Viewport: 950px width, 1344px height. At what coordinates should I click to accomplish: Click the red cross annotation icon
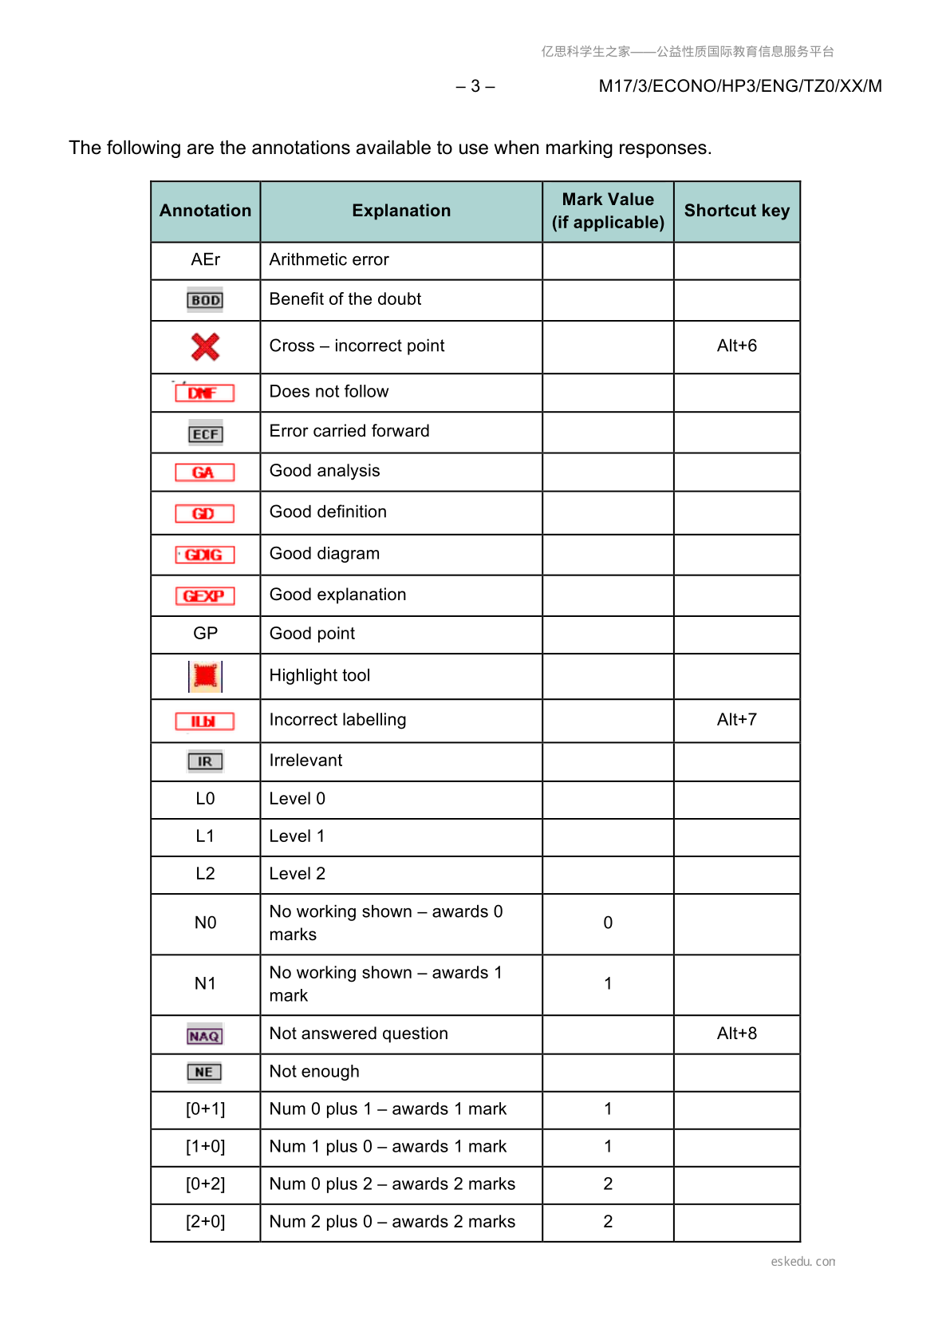pyautogui.click(x=205, y=346)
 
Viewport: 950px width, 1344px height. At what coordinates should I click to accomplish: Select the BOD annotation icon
pyautogui.click(x=205, y=300)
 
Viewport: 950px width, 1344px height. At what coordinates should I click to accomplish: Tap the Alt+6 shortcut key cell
pyautogui.click(x=736, y=346)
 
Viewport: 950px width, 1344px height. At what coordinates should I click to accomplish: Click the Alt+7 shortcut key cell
pyautogui.click(x=736, y=719)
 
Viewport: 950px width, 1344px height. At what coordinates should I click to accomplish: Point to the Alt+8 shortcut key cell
pyautogui.click(x=736, y=1033)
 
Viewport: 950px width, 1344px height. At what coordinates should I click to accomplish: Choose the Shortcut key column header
pyautogui.click(x=736, y=211)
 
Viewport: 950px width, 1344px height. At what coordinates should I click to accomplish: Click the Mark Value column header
pyautogui.click(x=608, y=211)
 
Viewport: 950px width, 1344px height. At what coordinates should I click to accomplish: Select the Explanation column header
pyautogui.click(x=401, y=211)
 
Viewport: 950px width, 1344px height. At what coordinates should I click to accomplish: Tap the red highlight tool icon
pyautogui.click(x=205, y=676)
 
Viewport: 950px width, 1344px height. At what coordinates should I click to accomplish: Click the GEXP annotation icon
pyautogui.click(x=205, y=595)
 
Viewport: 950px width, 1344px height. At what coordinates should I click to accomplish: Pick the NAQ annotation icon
pyautogui.click(x=205, y=1036)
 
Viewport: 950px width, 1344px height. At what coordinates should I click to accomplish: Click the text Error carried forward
pyautogui.click(x=349, y=431)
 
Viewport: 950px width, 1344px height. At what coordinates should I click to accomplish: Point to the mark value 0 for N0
pyautogui.click(x=608, y=923)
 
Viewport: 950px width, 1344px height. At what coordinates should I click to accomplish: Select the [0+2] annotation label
pyautogui.click(x=205, y=1184)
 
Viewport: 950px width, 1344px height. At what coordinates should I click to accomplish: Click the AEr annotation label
pyautogui.click(x=205, y=259)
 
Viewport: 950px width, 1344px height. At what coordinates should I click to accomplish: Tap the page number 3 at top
pyautogui.click(x=475, y=86)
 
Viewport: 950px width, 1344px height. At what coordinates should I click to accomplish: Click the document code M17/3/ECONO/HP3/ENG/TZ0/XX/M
pyautogui.click(x=739, y=86)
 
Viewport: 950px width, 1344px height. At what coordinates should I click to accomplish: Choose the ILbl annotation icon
pyautogui.click(x=205, y=721)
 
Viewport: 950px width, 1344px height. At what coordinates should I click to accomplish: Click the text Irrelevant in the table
pyautogui.click(x=305, y=761)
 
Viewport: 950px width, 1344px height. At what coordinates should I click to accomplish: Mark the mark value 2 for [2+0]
pyautogui.click(x=608, y=1221)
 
